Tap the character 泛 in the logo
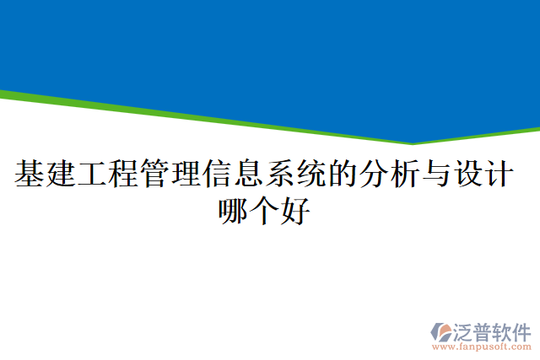[x=465, y=330]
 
